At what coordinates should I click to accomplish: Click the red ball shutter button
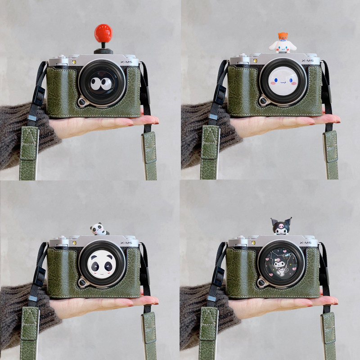coord(103,33)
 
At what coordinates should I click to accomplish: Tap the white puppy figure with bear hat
coord(283,43)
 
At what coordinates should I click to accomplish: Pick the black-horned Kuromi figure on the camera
coord(281,226)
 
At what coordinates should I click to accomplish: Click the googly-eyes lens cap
coord(102,83)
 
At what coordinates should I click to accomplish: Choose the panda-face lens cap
coord(102,264)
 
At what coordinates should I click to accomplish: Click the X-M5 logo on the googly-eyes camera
coord(126,62)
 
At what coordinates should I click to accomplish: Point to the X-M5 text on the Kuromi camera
coord(306,243)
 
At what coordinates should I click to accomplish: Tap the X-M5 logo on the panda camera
coord(126,243)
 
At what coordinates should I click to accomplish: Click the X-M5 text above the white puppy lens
coord(307,61)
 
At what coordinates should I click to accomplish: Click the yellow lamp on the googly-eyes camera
coord(74,62)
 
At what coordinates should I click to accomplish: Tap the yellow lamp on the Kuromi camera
coord(253,243)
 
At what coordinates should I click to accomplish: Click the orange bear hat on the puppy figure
coord(283,36)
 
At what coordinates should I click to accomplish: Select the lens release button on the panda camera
coord(82,282)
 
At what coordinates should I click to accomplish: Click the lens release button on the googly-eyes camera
coord(82,102)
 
